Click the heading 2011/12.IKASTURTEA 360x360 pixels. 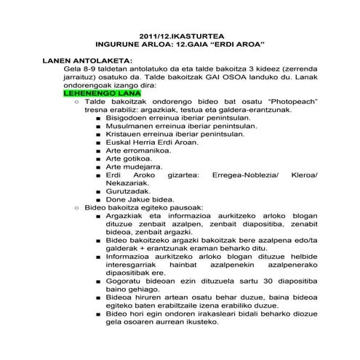click(180, 36)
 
